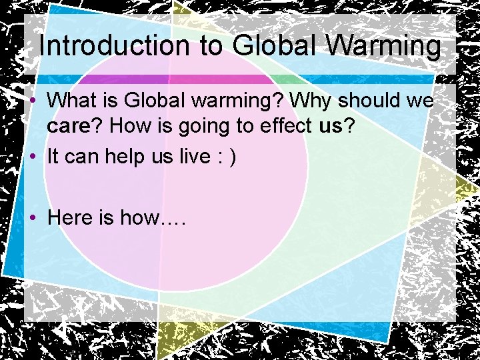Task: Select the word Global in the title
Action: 272,47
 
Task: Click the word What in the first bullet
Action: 71,101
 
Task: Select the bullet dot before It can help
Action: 32,157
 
